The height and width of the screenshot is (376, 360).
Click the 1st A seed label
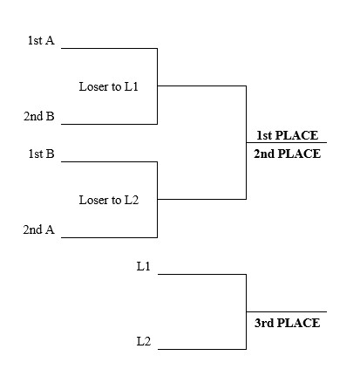coord(41,40)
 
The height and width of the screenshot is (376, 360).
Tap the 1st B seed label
coord(41,154)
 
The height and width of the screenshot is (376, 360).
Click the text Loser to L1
coord(108,87)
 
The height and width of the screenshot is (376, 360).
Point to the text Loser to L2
coord(108,200)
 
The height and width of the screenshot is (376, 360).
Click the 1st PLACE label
coord(287,135)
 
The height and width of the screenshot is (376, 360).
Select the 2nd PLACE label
coord(287,154)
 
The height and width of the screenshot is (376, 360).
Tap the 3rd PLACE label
coord(287,323)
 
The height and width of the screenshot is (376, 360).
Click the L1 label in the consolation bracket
coord(144,266)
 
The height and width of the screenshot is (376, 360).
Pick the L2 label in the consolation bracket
coord(144,341)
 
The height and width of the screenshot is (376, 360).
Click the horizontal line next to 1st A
coord(109,48)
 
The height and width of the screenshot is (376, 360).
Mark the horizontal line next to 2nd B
coord(109,124)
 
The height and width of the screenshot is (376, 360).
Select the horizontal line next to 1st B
coord(109,161)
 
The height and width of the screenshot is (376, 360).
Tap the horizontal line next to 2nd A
coord(109,237)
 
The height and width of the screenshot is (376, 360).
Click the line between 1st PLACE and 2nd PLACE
coord(287,143)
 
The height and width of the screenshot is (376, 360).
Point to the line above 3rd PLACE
coord(287,312)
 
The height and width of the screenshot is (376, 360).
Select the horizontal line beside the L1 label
coord(201,274)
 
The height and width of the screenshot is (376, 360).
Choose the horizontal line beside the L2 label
coord(201,349)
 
